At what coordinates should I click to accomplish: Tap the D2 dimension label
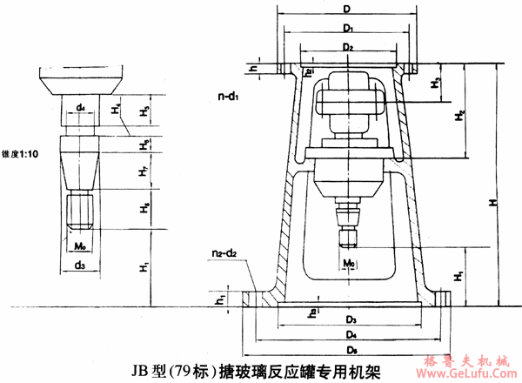(x=347, y=46)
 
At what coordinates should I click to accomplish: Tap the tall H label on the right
(x=492, y=201)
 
